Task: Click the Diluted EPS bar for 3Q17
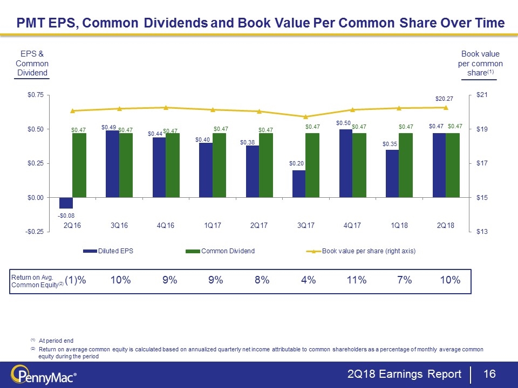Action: point(299,184)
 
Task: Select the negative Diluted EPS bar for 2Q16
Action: point(66,203)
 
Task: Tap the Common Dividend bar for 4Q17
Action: point(359,165)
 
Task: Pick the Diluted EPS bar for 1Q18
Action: point(392,174)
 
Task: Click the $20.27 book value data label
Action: point(445,99)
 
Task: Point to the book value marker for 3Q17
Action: point(305,116)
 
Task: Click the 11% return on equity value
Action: point(357,280)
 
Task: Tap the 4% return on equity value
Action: point(309,280)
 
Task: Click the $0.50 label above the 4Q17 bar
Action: point(344,123)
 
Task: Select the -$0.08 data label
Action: point(66,215)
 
